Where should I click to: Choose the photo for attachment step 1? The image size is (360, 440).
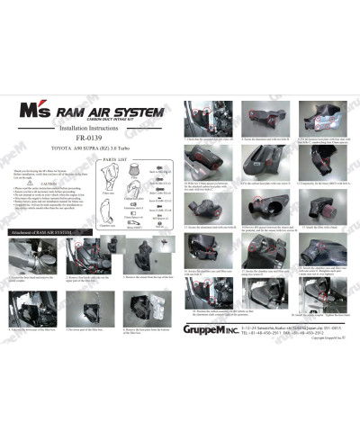click(x=26, y=257)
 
